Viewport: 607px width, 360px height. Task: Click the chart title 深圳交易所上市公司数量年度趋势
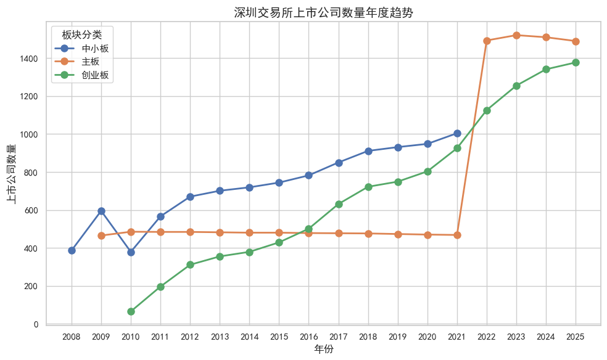click(x=323, y=12)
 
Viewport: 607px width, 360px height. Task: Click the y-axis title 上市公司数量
click(x=12, y=173)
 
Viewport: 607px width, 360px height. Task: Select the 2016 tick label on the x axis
click(x=308, y=337)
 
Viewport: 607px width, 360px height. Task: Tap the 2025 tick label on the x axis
click(x=576, y=337)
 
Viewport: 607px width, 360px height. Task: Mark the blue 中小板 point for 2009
click(x=101, y=211)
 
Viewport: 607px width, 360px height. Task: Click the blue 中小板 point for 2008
click(x=72, y=250)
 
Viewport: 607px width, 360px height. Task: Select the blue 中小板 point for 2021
click(x=457, y=133)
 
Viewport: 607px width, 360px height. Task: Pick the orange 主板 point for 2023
click(x=516, y=35)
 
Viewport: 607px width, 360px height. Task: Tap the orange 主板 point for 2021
click(x=457, y=235)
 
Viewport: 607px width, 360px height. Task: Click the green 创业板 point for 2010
click(x=131, y=311)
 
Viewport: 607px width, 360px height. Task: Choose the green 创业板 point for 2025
click(x=576, y=62)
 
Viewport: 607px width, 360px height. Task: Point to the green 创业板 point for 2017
click(x=339, y=204)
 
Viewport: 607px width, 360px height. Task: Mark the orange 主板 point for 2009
click(x=101, y=235)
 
